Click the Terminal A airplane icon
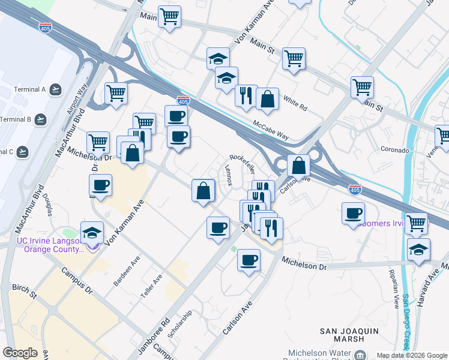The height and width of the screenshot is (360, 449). click(x=56, y=90)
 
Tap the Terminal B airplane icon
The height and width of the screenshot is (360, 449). click(x=40, y=119)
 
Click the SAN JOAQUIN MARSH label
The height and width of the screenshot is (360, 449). click(x=342, y=335)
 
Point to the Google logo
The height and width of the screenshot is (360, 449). click(x=20, y=353)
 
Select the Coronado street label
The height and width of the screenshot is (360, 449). click(x=394, y=149)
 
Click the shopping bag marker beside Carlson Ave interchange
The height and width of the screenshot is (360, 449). click(x=298, y=165)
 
